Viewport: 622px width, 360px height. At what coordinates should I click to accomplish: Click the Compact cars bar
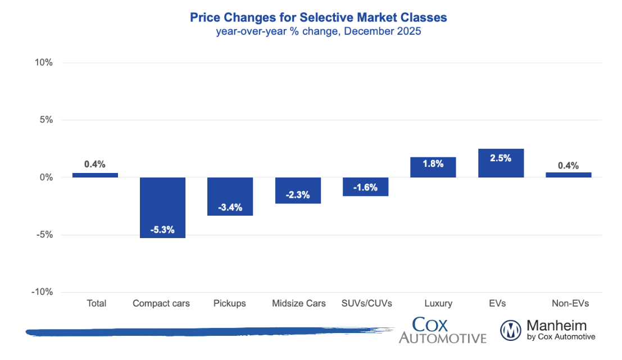(x=162, y=207)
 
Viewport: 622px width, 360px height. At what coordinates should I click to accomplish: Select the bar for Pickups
(x=230, y=196)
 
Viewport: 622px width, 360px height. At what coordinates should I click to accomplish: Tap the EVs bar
(x=501, y=163)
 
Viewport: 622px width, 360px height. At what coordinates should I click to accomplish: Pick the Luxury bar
(x=433, y=167)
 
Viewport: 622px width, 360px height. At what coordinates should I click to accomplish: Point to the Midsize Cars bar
(x=298, y=190)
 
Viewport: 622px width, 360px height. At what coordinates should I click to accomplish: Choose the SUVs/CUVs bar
(x=365, y=186)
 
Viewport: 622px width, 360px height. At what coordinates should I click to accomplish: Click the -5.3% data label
(x=162, y=230)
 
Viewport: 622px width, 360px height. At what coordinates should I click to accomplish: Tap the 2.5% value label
(x=501, y=158)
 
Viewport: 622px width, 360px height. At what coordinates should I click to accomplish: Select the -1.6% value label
(x=365, y=188)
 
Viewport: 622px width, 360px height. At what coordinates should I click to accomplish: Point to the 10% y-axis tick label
(x=44, y=62)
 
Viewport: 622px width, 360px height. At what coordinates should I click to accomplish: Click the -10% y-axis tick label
(x=42, y=292)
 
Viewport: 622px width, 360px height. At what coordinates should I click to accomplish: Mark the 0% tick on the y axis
(x=46, y=177)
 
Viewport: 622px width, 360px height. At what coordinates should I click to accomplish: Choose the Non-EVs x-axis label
(x=568, y=303)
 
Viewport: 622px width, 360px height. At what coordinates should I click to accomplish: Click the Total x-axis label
(x=96, y=303)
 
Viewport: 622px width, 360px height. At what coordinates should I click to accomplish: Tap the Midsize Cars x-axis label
(x=298, y=303)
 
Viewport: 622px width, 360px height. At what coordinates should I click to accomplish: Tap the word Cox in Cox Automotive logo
(x=430, y=325)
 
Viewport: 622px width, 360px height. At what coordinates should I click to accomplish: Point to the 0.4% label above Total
(x=95, y=164)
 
